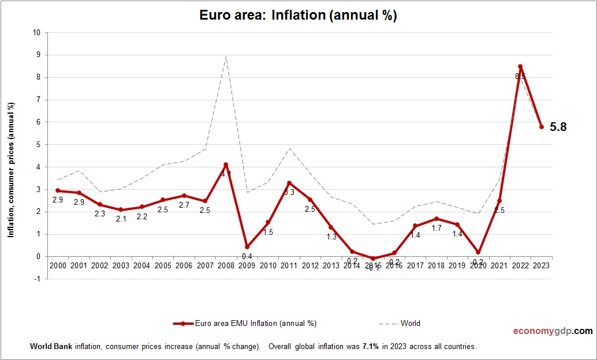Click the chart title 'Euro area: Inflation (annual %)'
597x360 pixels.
[298, 16]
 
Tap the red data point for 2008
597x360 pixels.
[226, 164]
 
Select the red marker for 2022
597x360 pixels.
[520, 66]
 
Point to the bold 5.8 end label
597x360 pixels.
[558, 127]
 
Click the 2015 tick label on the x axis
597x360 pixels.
[373, 265]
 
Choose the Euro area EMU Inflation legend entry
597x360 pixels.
[245, 324]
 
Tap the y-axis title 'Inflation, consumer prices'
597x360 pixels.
[10, 170]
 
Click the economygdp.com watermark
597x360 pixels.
[553, 331]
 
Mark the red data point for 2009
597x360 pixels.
[247, 246]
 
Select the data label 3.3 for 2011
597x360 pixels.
[289, 192]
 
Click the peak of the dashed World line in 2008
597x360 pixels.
[226, 56]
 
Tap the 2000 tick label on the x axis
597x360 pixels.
[58, 265]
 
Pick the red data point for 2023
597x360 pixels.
[542, 127]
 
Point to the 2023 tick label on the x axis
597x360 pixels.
[542, 265]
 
